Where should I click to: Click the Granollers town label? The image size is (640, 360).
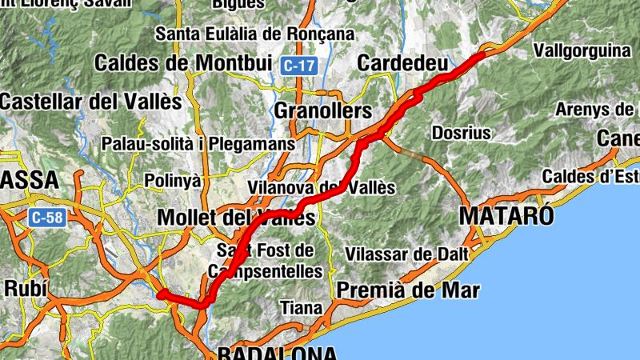click(x=323, y=110)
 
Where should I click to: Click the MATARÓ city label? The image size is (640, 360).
click(x=506, y=216)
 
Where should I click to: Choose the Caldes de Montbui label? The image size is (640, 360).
click(x=183, y=62)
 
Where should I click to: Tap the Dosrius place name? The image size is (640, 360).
click(x=461, y=132)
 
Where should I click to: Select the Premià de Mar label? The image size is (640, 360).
click(x=408, y=289)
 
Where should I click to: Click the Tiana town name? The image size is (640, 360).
click(x=301, y=307)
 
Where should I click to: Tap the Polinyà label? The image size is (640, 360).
click(x=173, y=181)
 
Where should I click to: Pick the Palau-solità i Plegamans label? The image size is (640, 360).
click(x=198, y=144)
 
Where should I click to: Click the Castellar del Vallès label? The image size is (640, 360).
click(x=91, y=102)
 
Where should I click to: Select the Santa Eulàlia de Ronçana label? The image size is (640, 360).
click(x=254, y=34)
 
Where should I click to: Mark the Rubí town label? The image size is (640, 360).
click(x=27, y=288)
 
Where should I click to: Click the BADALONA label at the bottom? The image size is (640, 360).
click(x=277, y=353)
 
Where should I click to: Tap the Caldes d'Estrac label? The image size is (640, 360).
click(x=590, y=176)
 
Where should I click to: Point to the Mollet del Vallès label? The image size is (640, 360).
click(x=236, y=218)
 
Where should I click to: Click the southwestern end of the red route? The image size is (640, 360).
click(x=161, y=294)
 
